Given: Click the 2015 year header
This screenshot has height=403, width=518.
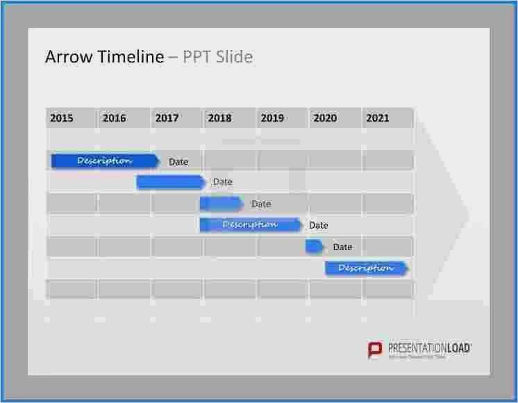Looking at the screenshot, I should (61, 118).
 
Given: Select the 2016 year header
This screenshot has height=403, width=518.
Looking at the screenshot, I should (114, 118).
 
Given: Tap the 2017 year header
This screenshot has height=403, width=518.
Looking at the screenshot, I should (167, 118).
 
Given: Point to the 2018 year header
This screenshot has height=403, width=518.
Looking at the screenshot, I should (219, 118).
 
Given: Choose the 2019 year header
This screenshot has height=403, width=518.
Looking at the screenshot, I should (272, 118).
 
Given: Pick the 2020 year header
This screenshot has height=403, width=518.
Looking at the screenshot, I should (325, 118).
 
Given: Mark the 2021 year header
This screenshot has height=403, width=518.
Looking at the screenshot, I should (378, 118).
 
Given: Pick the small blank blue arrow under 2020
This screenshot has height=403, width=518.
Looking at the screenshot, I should (315, 247).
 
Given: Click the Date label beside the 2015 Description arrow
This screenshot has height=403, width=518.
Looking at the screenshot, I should (178, 162).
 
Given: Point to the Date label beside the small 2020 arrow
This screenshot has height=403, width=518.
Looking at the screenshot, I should (342, 247).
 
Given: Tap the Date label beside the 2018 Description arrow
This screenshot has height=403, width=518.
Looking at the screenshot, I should (319, 225).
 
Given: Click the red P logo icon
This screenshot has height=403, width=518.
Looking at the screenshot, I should (375, 349).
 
